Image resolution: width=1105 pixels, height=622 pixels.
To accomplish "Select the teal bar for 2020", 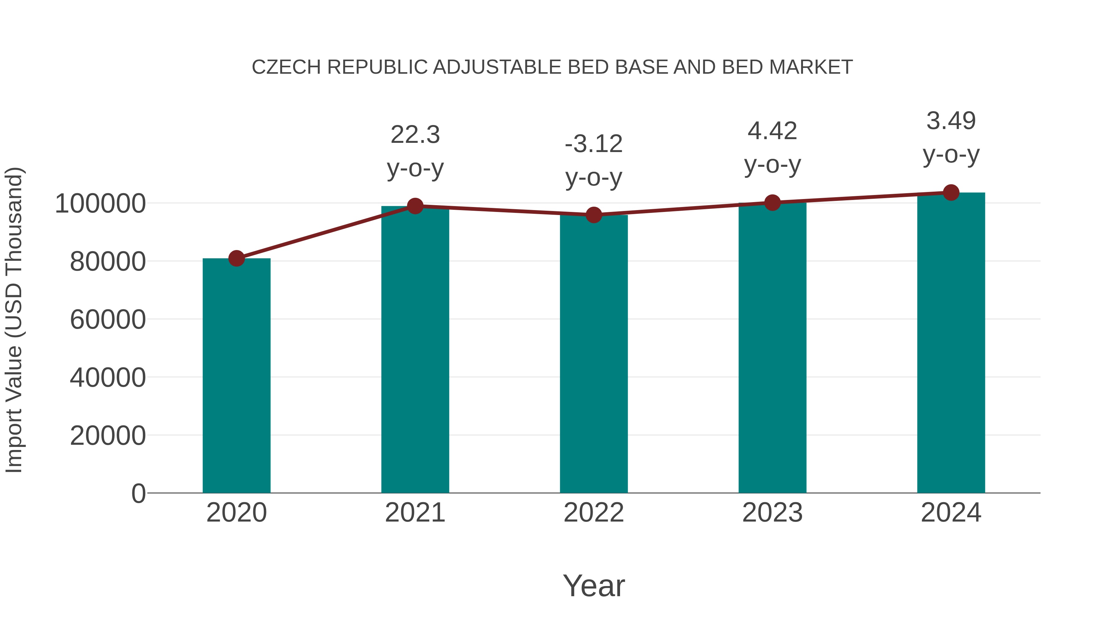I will coord(236,376).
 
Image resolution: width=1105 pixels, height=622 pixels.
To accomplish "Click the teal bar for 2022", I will coord(594,354).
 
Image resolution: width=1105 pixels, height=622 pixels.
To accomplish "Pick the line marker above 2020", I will coord(236,258).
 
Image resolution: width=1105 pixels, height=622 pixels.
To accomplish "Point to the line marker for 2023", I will coord(772,203).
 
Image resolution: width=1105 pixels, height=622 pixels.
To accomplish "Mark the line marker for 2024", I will coord(951,193).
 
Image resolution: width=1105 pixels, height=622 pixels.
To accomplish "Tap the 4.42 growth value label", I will coord(772,131).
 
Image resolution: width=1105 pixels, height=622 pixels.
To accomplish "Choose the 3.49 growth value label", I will coord(951,121).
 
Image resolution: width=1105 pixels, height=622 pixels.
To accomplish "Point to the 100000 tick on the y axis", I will coord(100,203).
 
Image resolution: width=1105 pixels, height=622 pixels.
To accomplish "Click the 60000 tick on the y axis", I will coord(108,320).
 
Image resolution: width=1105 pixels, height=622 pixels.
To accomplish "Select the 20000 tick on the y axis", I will coord(108,436).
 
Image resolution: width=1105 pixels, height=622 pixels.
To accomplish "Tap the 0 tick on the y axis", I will coord(138,494).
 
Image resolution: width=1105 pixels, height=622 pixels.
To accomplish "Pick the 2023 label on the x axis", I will coord(772,513).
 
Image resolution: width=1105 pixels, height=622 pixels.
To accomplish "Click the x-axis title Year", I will coord(594,585).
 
